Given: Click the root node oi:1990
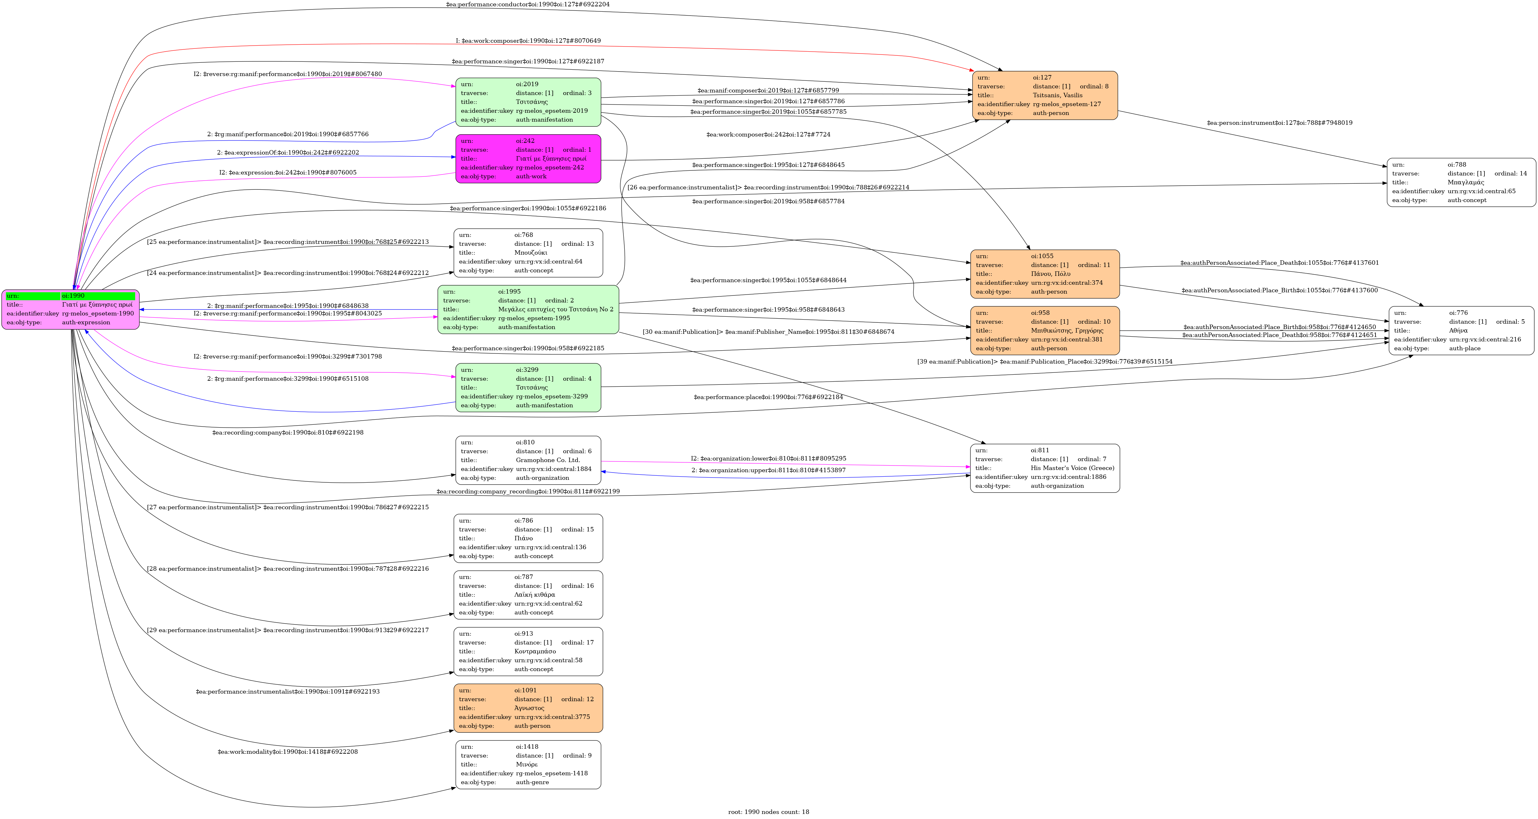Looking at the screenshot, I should [x=70, y=309].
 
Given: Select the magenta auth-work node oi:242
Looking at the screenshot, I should [x=528, y=159].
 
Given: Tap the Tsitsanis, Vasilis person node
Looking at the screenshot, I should [x=1045, y=96].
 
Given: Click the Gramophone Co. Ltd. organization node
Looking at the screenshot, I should [x=528, y=460].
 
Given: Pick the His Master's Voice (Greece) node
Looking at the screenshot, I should [x=1045, y=468].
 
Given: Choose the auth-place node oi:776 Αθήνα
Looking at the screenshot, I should [x=1461, y=331].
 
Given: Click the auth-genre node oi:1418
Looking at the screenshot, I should [x=528, y=765].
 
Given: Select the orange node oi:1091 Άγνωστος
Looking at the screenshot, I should [x=528, y=708].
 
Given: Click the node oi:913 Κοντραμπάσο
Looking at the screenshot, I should [x=528, y=651].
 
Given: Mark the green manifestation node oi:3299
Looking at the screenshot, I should [x=528, y=387].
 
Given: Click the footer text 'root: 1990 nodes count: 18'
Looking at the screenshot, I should [x=769, y=812].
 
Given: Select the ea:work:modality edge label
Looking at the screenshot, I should [x=288, y=752].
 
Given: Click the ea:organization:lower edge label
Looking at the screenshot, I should [x=769, y=459].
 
